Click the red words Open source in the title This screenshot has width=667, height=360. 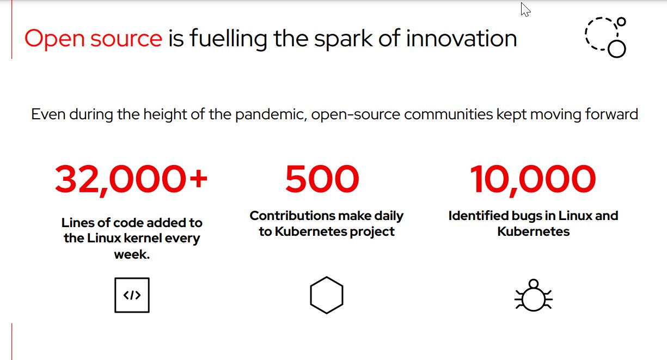tap(93, 39)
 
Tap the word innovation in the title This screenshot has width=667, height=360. tap(461, 38)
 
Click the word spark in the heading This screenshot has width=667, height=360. tap(343, 40)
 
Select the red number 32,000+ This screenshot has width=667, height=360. tap(131, 180)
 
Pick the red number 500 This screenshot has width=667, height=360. tap(322, 179)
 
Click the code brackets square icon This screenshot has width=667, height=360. tap(132, 295)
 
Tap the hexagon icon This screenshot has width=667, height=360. tap(327, 295)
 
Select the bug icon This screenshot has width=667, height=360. tap(534, 295)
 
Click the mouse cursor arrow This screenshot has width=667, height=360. tap(525, 9)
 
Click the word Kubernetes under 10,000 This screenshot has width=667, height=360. tap(533, 231)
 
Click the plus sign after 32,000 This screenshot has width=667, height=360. tap(198, 179)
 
